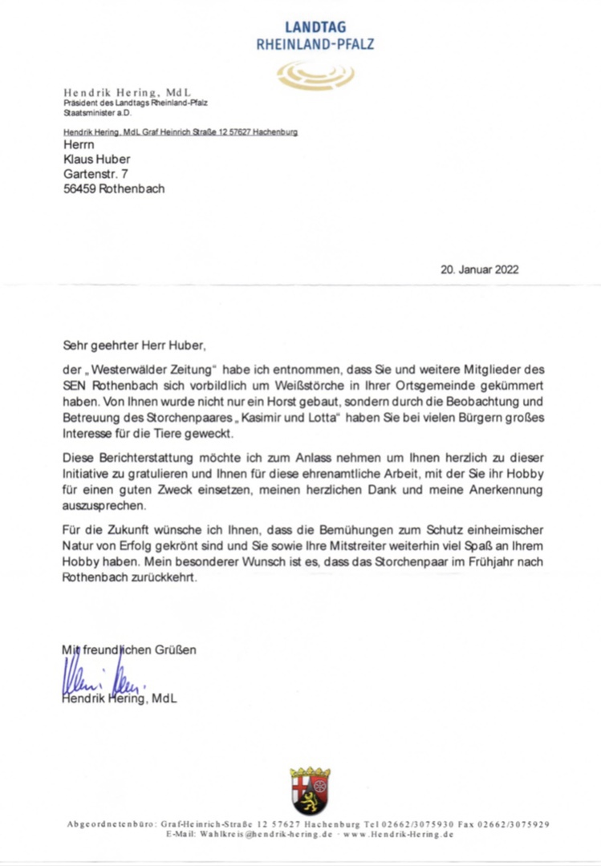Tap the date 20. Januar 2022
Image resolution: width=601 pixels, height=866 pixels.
pos(479,269)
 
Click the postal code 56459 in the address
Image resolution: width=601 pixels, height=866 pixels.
pos(79,190)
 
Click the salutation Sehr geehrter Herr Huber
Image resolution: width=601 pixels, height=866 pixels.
pos(134,346)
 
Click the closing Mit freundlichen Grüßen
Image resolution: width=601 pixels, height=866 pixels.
pos(128,649)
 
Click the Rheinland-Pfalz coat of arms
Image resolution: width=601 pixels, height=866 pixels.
pos(311,791)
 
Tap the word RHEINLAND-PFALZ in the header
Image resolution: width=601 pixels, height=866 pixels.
pos(315,44)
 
